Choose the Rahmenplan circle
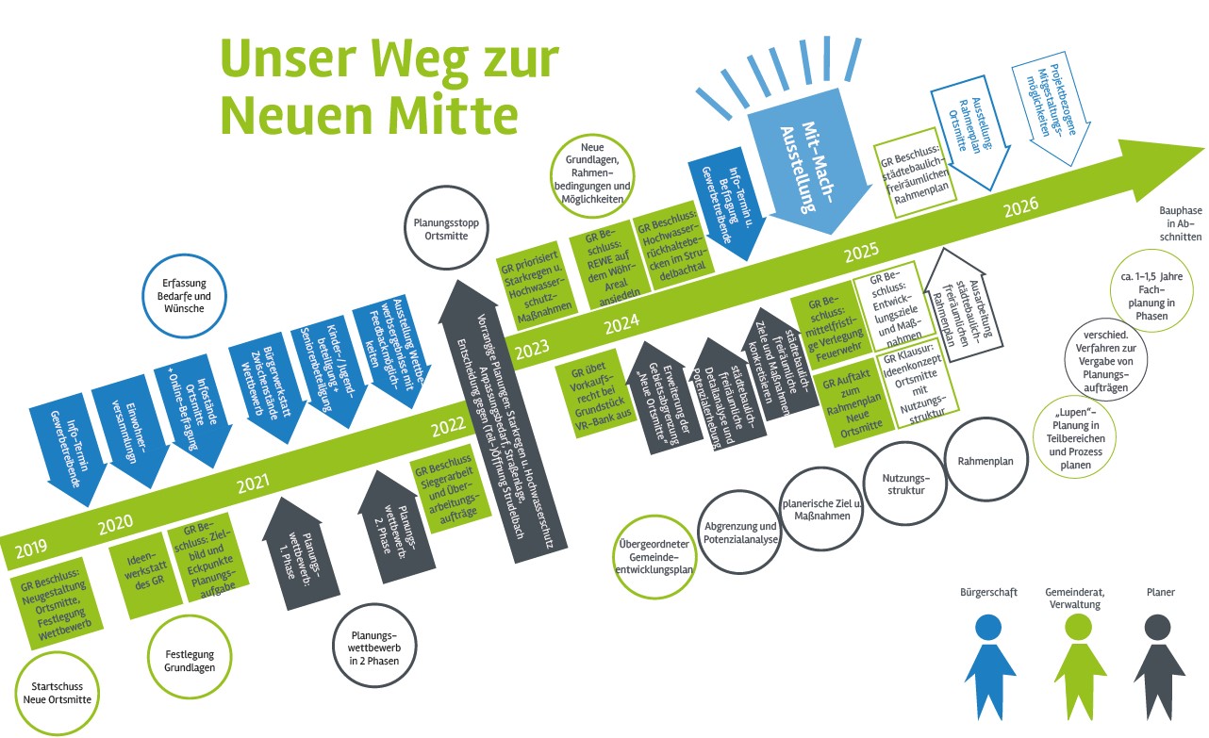(x=985, y=461)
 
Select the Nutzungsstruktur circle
(x=904, y=484)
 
